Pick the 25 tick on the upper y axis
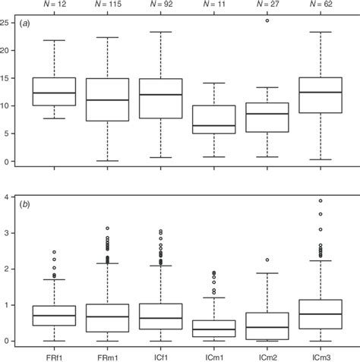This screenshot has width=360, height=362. [8, 23]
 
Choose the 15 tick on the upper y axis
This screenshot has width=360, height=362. [8, 78]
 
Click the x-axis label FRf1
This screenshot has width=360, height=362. [54, 355]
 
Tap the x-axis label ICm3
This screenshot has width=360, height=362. [319, 355]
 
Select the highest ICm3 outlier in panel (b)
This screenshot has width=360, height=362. [319, 201]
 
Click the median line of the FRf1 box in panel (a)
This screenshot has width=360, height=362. [54, 93]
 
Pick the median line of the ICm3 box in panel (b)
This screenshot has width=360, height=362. [319, 313]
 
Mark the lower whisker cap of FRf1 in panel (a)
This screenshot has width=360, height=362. [54, 118]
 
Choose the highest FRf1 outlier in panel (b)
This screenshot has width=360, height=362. [54, 252]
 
